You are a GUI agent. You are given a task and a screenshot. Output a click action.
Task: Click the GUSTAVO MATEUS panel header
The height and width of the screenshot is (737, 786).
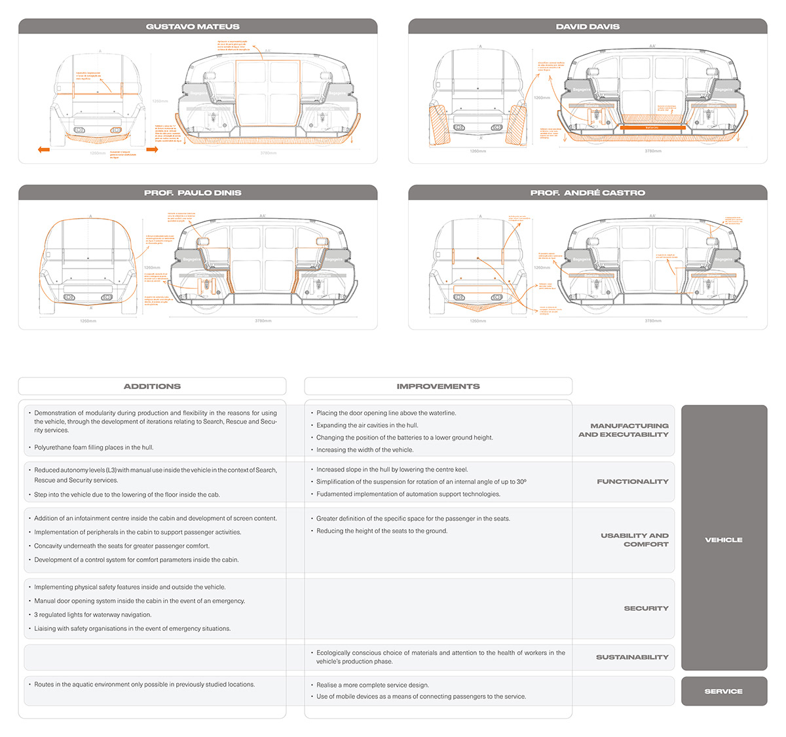(193, 27)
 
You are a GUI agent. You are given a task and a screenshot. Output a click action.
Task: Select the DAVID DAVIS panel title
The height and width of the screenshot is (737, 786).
(588, 27)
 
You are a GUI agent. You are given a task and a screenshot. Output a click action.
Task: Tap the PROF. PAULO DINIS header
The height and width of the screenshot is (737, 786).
(193, 193)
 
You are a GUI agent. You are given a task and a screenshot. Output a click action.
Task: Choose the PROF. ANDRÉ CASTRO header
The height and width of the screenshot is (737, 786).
(588, 193)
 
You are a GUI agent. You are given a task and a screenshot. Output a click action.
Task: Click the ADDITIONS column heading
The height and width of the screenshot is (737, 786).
(152, 387)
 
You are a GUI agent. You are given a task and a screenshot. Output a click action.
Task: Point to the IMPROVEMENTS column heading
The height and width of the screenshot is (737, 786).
(438, 387)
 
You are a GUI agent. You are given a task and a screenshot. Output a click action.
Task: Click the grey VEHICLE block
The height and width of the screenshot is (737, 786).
(724, 540)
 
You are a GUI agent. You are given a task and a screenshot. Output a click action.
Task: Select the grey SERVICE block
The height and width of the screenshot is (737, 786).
(724, 691)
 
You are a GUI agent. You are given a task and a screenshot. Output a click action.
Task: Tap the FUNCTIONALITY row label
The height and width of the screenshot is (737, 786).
(632, 482)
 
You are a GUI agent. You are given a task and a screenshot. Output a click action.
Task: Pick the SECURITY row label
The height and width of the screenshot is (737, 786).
(646, 609)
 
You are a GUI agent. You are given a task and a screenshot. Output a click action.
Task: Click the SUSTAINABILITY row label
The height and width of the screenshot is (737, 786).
(632, 657)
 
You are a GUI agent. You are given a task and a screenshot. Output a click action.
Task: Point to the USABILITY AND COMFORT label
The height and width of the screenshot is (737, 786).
(634, 540)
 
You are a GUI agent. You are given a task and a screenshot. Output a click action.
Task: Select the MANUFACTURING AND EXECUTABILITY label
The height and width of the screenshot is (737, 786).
(624, 430)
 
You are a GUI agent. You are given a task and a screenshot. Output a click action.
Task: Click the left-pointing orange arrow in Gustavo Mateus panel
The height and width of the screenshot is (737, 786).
(44, 150)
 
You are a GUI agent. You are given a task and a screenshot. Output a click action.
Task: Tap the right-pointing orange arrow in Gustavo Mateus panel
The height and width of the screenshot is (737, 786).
(152, 150)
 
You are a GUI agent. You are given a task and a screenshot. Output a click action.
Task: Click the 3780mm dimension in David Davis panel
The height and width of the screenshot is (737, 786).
(652, 151)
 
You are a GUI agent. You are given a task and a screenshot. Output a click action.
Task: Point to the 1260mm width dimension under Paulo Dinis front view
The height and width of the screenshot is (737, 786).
(88, 321)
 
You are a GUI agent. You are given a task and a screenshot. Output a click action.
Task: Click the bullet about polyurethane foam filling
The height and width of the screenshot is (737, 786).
(94, 447)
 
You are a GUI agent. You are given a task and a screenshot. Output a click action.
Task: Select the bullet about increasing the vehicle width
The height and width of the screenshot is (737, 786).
(365, 450)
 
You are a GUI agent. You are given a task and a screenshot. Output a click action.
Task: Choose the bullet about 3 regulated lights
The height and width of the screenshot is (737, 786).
(93, 615)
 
